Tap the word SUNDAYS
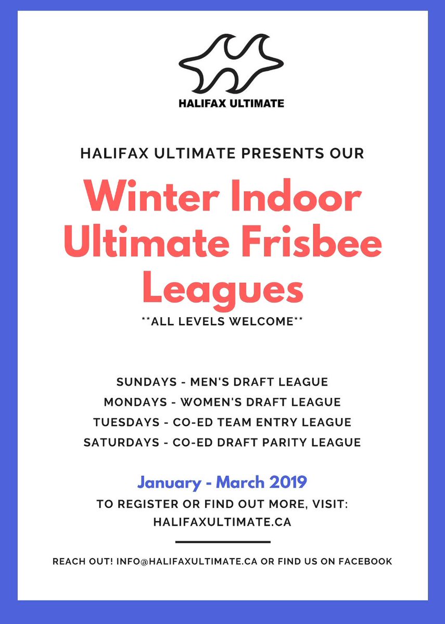pos(146,382)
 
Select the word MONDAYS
pos(133,402)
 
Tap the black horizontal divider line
pos(222,542)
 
